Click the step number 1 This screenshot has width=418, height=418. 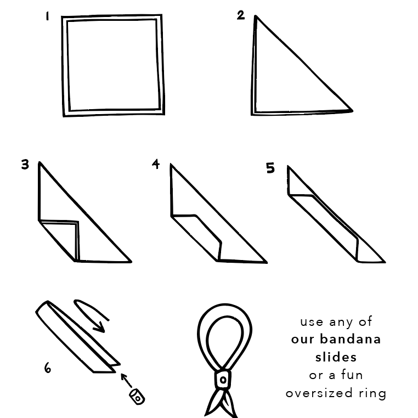click(47, 16)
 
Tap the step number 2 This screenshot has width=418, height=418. click(241, 15)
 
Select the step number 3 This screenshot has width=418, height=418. click(25, 165)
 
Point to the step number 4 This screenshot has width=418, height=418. click(156, 163)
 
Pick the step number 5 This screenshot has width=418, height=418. click(270, 168)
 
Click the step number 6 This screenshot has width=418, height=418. click(48, 368)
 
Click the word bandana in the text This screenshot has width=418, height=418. click(350, 340)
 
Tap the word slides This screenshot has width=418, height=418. click(336, 357)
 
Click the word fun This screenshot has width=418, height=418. click(352, 375)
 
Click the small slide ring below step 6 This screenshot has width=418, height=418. click(137, 397)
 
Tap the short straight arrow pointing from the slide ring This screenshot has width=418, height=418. click(126, 380)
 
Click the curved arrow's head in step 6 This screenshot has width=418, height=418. click(100, 327)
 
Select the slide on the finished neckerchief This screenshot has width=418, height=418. click(223, 379)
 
